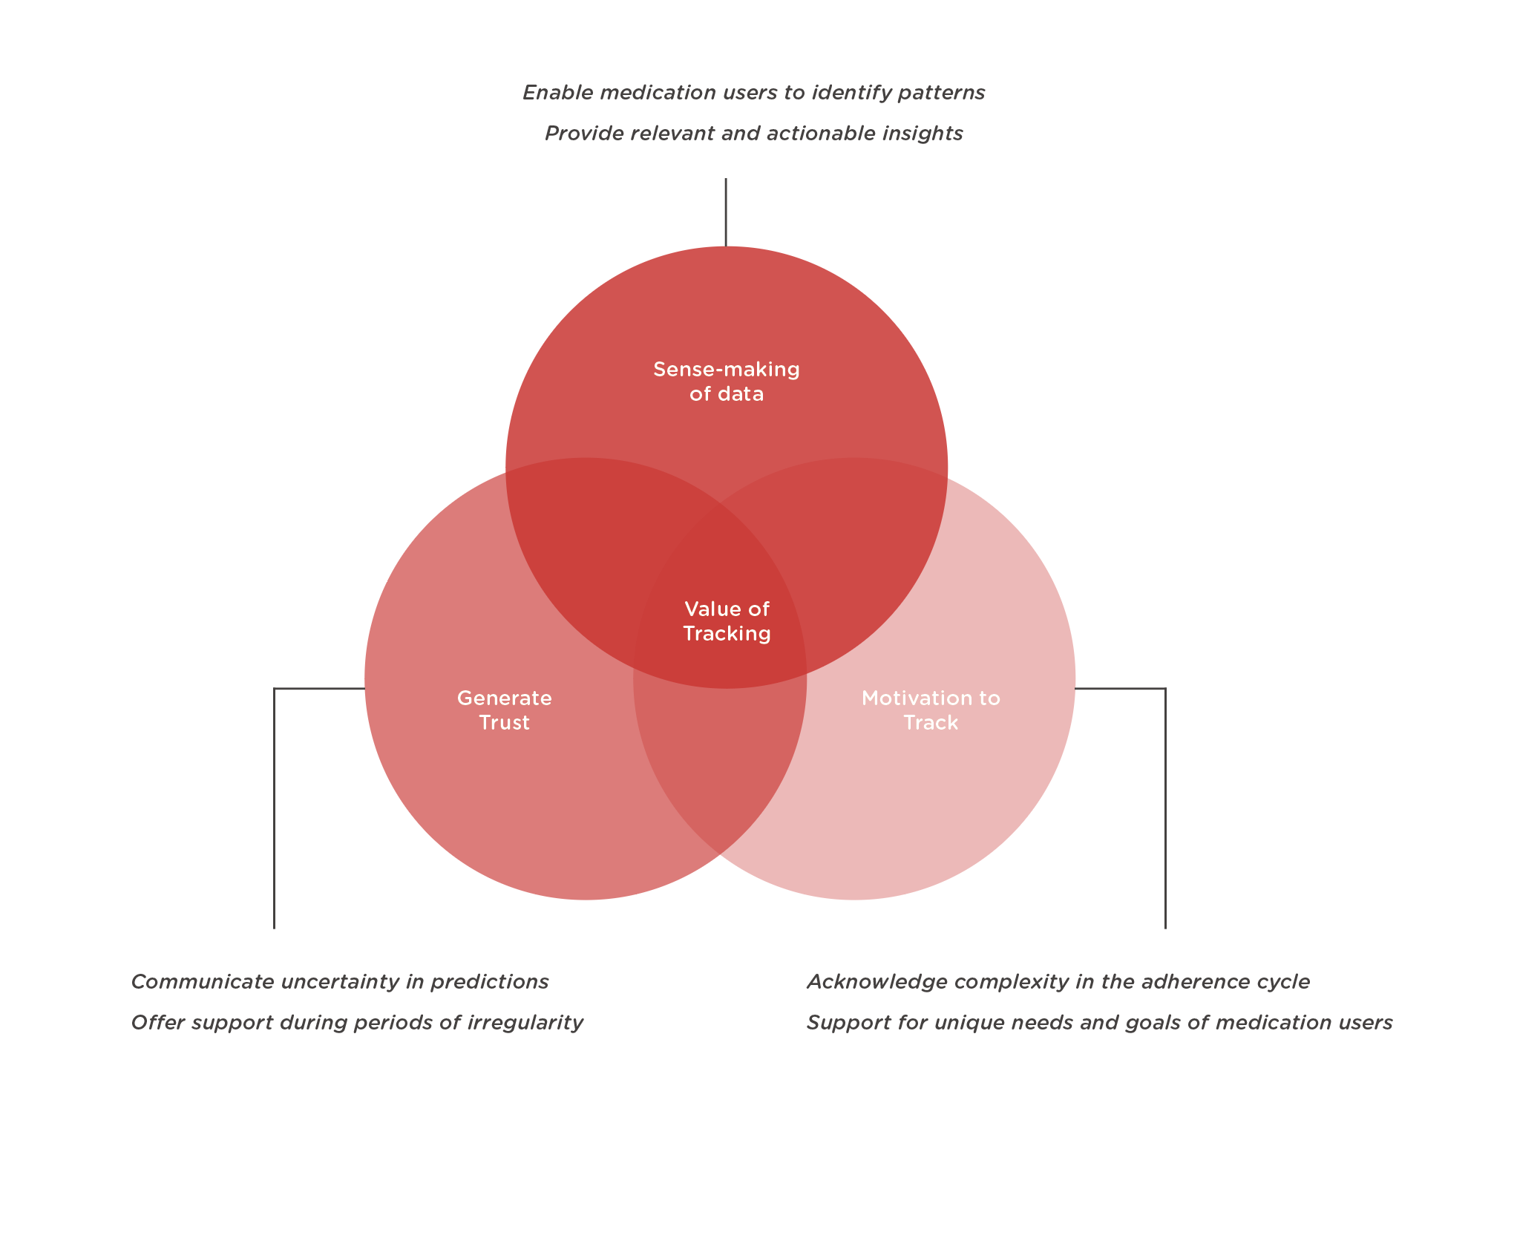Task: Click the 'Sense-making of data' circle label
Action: tap(726, 382)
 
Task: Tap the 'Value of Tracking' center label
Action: tap(727, 621)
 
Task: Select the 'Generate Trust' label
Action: tap(505, 710)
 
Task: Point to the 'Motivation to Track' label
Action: tap(931, 710)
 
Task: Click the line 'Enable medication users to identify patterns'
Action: tap(753, 93)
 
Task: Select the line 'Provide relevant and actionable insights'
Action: tap(753, 134)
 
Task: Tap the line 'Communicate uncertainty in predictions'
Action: tap(339, 982)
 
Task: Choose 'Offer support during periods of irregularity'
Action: tap(357, 1023)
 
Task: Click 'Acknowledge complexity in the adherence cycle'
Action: tap(1058, 982)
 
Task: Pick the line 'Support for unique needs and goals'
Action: tap(1099, 1023)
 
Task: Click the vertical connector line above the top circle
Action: tap(726, 212)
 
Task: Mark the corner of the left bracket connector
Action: tap(275, 690)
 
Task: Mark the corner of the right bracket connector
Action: tap(1165, 690)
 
